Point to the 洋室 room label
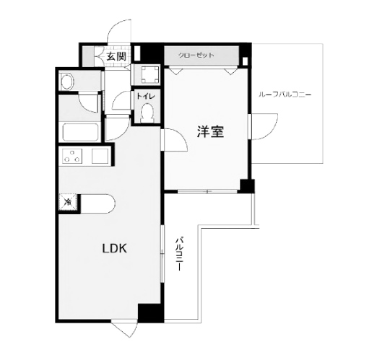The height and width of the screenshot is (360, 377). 210,132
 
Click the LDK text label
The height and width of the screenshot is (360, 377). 113,249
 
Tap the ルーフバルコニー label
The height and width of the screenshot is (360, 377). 287,95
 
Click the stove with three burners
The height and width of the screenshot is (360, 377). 74,155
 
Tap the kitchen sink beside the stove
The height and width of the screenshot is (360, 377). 99,155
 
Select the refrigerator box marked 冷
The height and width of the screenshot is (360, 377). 66,203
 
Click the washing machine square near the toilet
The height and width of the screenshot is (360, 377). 150,74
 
